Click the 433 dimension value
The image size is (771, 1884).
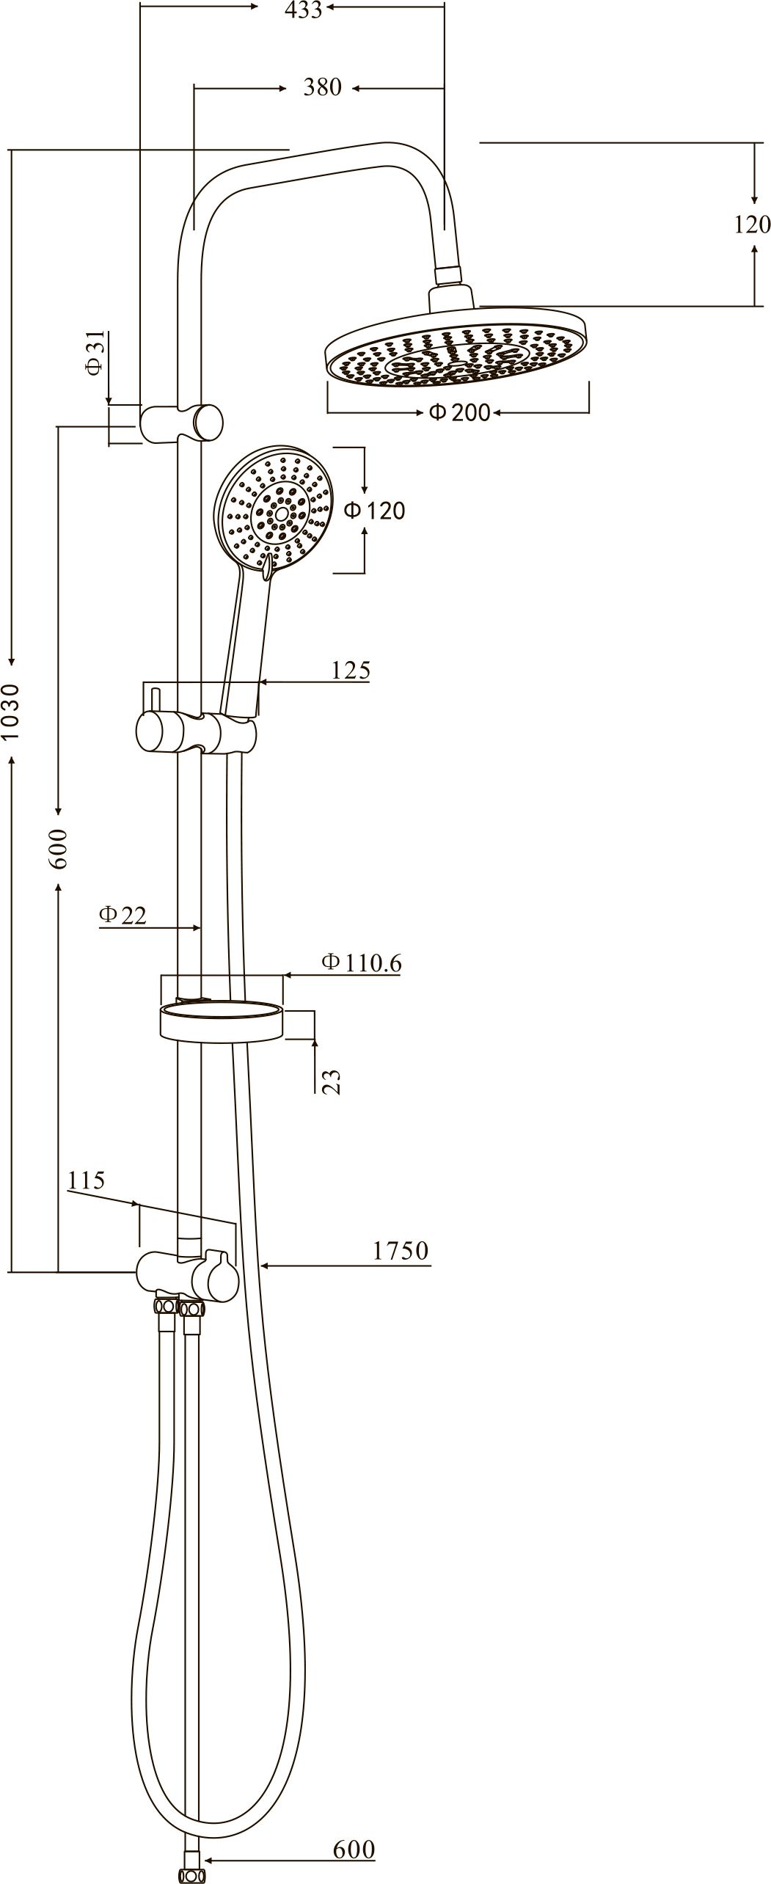point(304,10)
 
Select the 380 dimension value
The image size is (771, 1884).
point(323,87)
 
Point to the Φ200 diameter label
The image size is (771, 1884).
point(460,412)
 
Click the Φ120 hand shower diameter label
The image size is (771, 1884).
point(375,510)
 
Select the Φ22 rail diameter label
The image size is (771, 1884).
point(123,914)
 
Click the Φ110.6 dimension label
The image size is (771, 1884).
point(362,963)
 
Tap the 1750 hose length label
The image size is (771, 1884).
point(401,1250)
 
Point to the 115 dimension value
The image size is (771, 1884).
point(87,1180)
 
